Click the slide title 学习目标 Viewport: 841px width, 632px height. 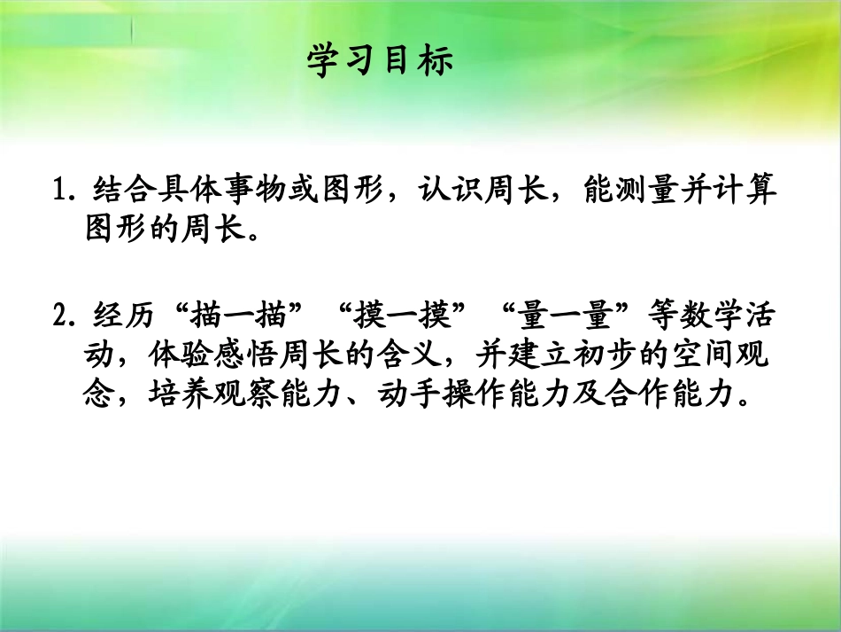pyautogui.click(x=381, y=61)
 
